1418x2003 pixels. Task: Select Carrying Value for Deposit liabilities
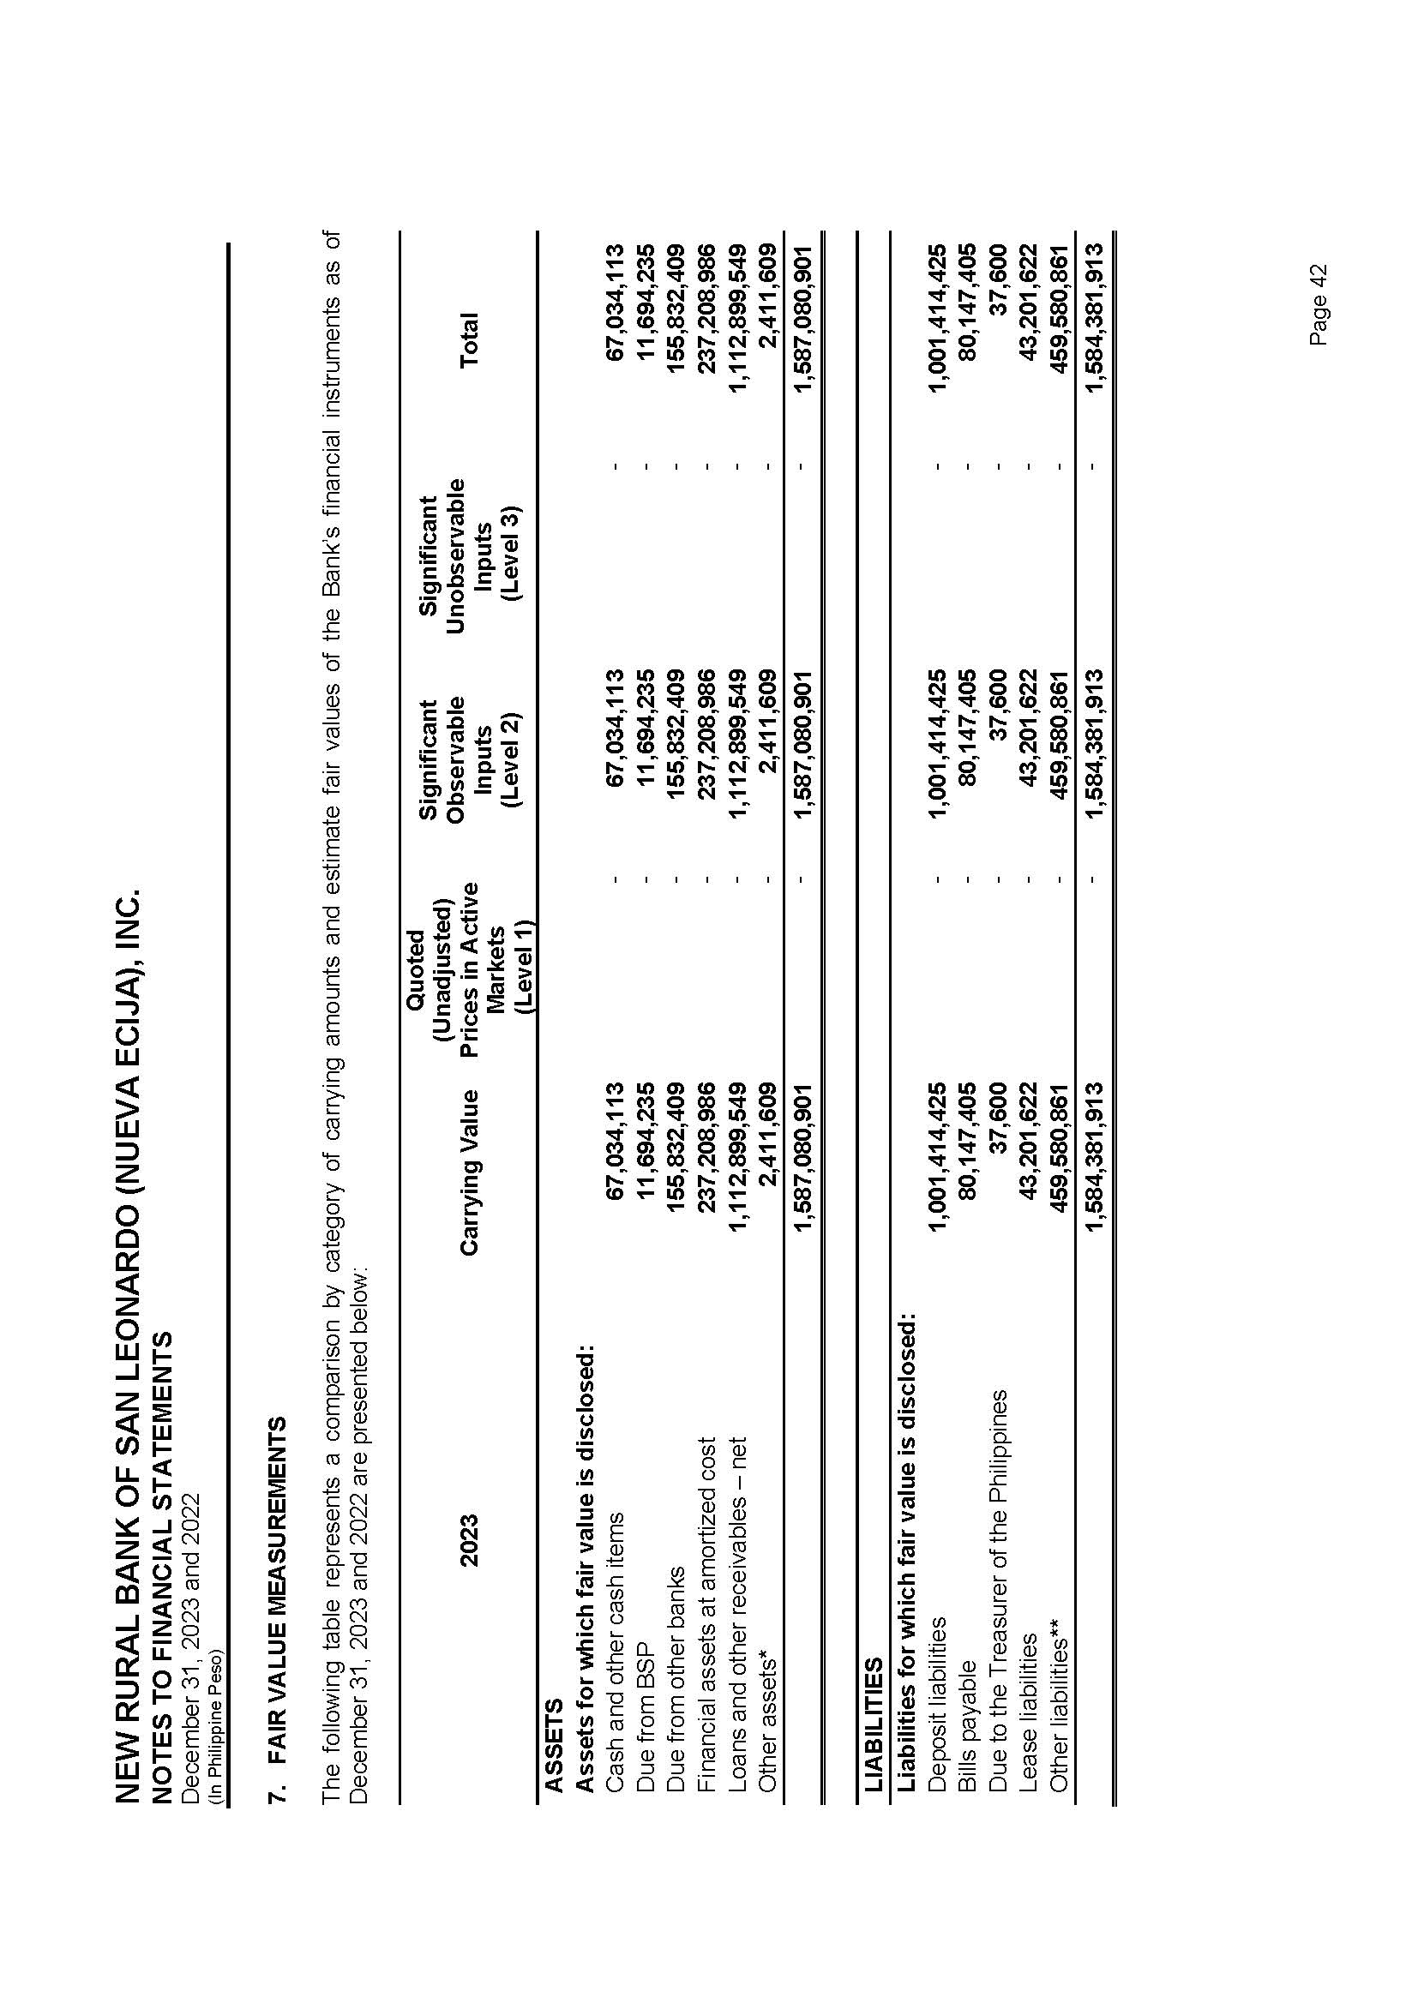pos(935,1156)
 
